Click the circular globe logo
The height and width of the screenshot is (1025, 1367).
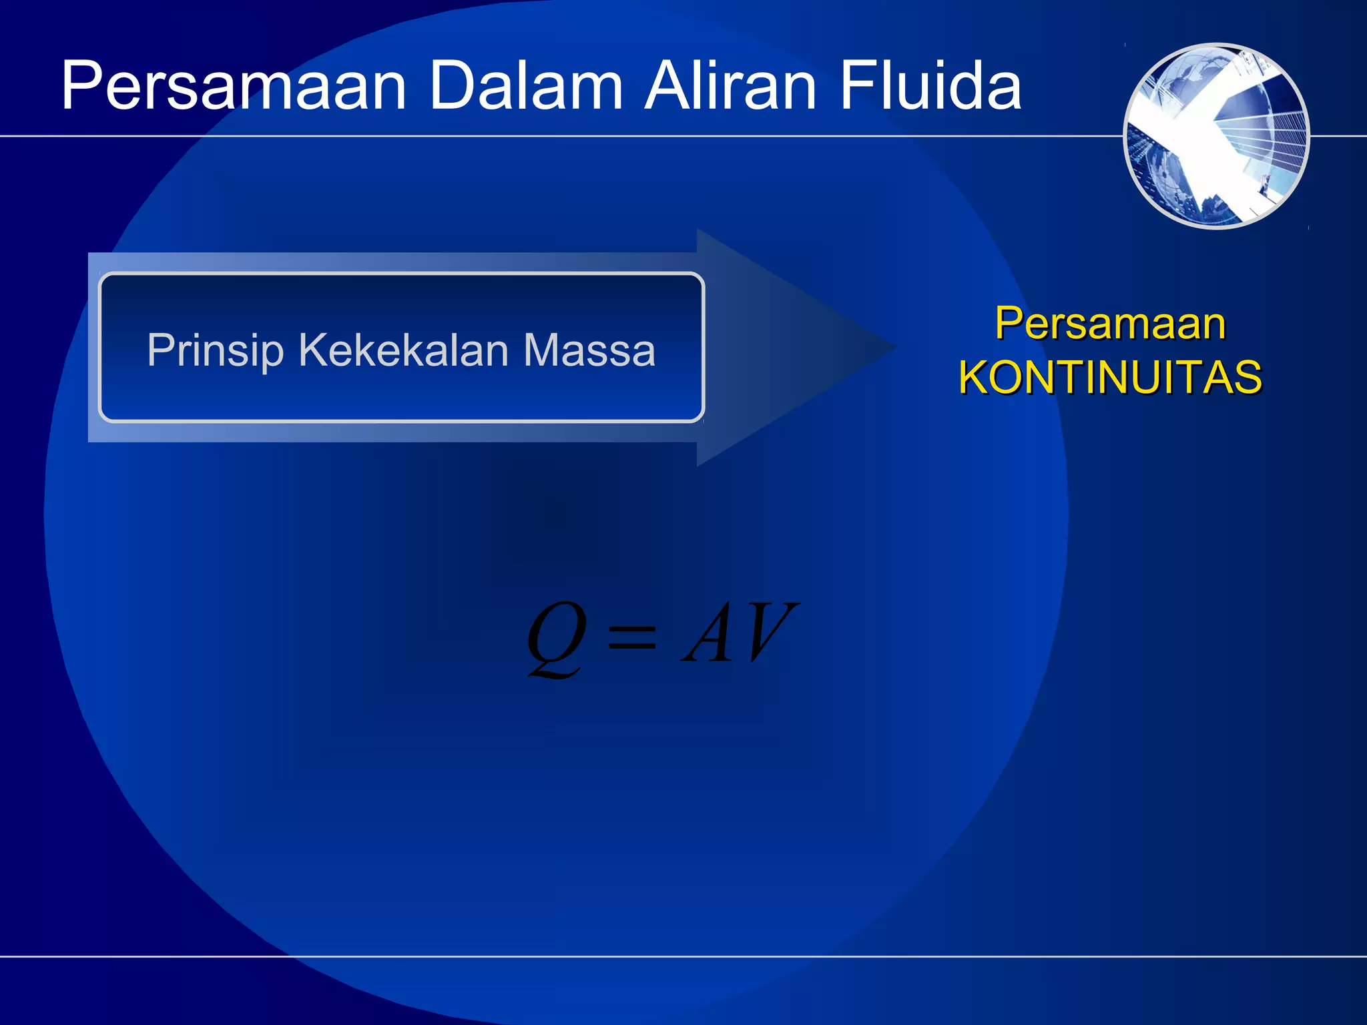click(1216, 136)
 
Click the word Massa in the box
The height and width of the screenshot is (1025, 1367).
click(589, 351)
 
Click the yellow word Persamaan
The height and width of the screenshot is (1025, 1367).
click(1110, 324)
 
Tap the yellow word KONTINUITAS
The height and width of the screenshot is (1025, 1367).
click(1110, 378)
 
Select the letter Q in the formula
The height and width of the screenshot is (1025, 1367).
click(556, 637)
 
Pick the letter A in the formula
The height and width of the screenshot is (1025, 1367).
click(709, 634)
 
